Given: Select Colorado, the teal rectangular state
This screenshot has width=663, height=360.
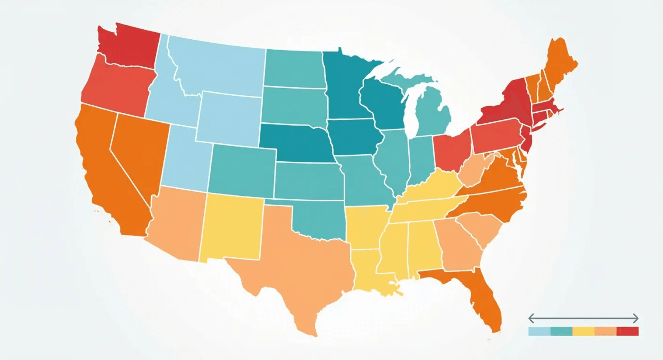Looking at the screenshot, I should coord(242,169).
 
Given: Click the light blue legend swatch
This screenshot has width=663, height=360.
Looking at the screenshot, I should coord(539,331).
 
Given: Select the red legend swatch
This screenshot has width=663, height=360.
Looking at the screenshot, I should coord(628,331).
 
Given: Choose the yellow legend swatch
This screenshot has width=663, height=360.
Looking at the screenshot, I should coord(583,331).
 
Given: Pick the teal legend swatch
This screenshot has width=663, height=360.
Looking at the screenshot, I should coord(561,331).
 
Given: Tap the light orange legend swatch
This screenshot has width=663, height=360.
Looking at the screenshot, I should coord(605,331).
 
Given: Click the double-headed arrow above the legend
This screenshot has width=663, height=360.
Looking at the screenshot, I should coord(583,319).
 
